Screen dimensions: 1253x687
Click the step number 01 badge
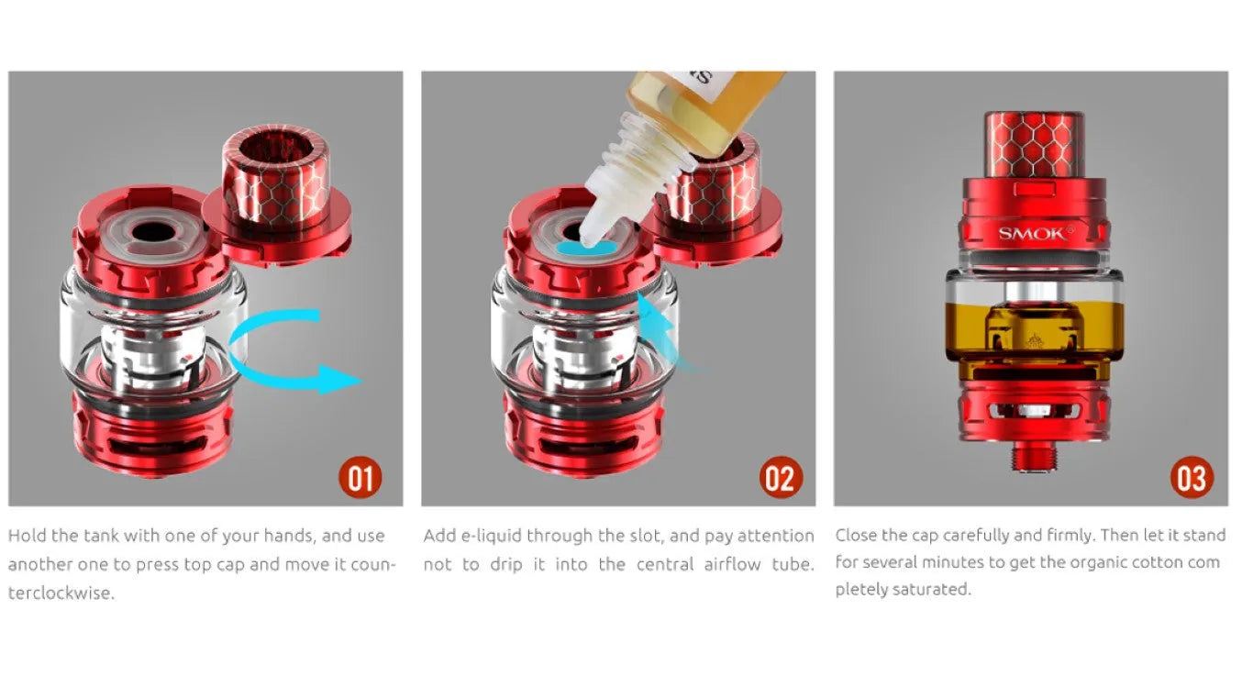[360, 478]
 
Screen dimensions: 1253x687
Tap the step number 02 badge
[781, 478]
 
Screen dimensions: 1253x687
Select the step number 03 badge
[1192, 478]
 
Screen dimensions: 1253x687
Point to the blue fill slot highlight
[587, 247]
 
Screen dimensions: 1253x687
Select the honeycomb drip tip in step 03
[1034, 146]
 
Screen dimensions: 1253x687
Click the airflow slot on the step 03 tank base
[1035, 411]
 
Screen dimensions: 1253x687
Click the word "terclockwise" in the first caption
[61, 593]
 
